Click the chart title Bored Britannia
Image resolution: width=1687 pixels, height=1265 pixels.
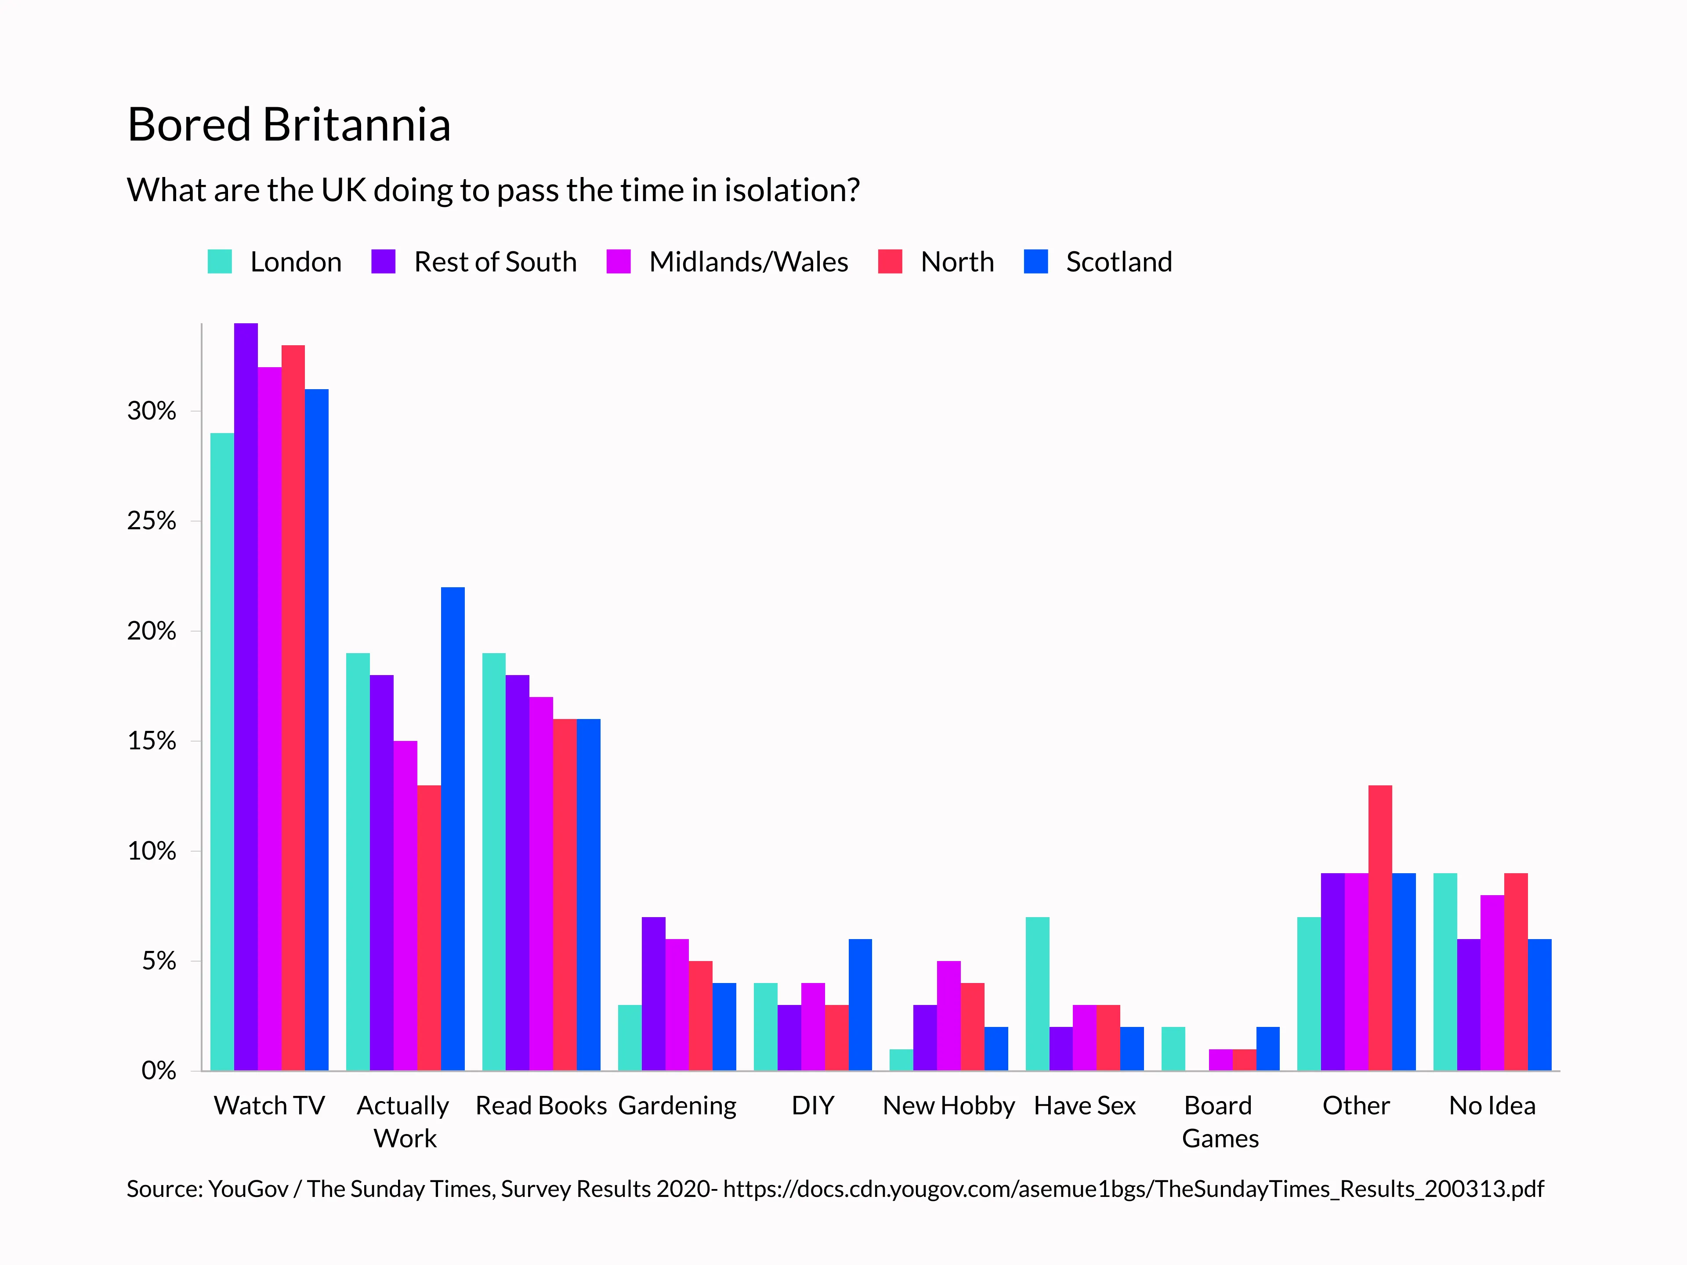[288, 124]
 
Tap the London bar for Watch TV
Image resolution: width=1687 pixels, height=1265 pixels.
[222, 751]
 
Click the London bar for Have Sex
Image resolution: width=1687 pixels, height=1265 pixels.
[1037, 994]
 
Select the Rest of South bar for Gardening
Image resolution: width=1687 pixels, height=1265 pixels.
[653, 994]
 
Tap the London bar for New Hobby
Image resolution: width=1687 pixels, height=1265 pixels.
[901, 1060]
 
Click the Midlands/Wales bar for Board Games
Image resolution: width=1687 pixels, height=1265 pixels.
[1220, 1060]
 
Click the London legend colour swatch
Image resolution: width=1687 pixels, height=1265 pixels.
[220, 261]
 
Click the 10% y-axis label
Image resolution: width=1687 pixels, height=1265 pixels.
[151, 851]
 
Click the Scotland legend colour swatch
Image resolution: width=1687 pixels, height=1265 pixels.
[1035, 261]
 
